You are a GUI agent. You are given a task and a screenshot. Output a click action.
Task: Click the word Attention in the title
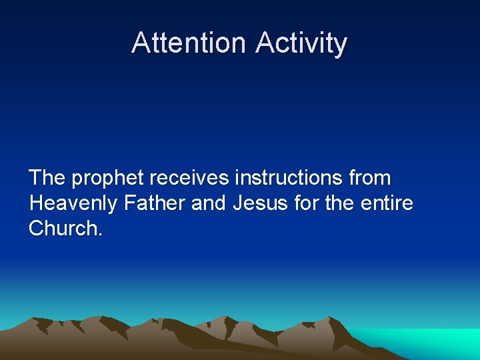[189, 43]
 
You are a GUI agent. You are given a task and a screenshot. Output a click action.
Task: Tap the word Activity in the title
[301, 43]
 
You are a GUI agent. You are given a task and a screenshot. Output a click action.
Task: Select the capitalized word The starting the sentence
[47, 178]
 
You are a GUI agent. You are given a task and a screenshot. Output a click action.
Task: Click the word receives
[189, 178]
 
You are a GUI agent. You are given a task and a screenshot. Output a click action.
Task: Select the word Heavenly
[73, 203]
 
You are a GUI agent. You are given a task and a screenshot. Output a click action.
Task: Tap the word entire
[389, 203]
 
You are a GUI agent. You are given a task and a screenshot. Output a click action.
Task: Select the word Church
[63, 227]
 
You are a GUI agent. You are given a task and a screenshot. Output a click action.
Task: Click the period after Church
[100, 234]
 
